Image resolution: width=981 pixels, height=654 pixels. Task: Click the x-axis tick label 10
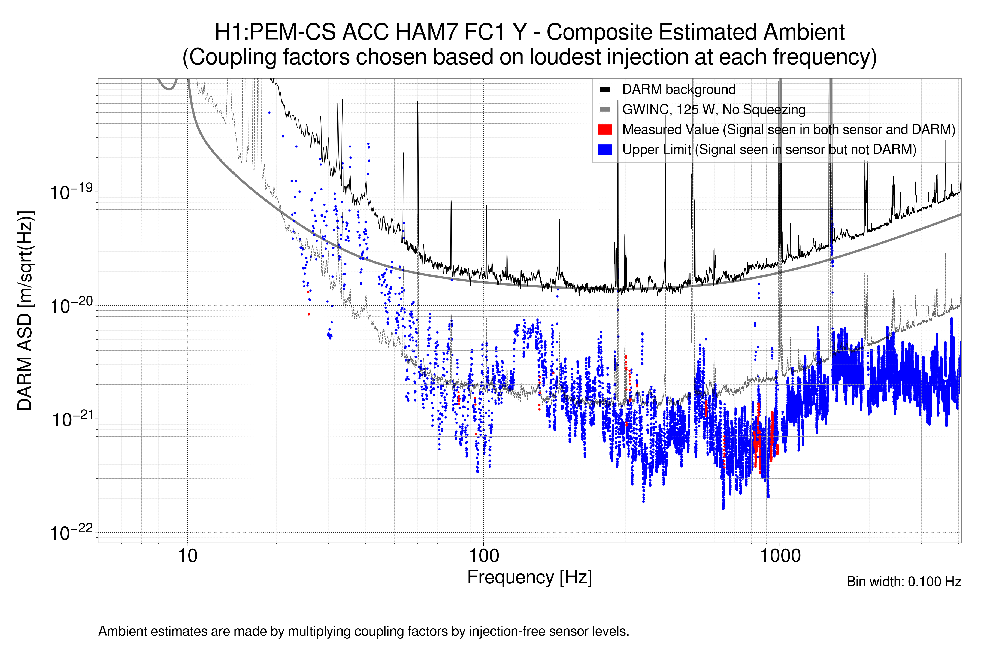(187, 556)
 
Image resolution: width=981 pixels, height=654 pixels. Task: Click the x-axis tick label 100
(484, 556)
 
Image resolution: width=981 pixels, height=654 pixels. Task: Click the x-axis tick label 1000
(780, 556)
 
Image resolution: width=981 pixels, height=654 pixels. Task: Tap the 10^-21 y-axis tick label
(71, 419)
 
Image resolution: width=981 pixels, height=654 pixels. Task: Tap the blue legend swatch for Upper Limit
(604, 149)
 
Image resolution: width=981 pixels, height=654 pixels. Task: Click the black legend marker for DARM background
(604, 89)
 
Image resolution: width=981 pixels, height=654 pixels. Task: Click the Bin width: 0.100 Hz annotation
(903, 582)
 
